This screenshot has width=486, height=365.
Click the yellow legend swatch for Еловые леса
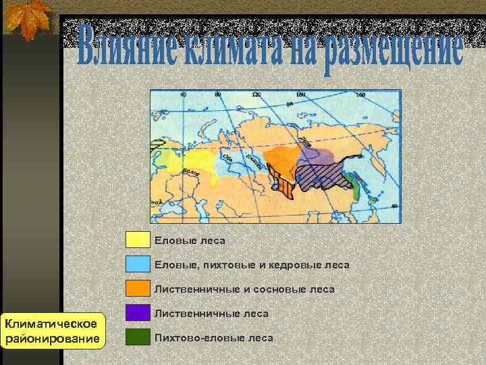tap(137, 240)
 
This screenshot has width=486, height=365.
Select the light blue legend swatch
tap(137, 264)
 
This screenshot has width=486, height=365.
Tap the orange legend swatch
tap(137, 289)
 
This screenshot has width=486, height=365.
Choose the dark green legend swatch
tap(137, 337)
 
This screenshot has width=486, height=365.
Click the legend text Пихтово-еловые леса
tap(213, 338)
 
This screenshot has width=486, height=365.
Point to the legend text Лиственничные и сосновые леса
tap(244, 289)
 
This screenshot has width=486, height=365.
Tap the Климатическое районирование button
tap(53, 331)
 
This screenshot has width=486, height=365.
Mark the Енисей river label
tap(254, 160)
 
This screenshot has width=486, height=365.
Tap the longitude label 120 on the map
tap(256, 95)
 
